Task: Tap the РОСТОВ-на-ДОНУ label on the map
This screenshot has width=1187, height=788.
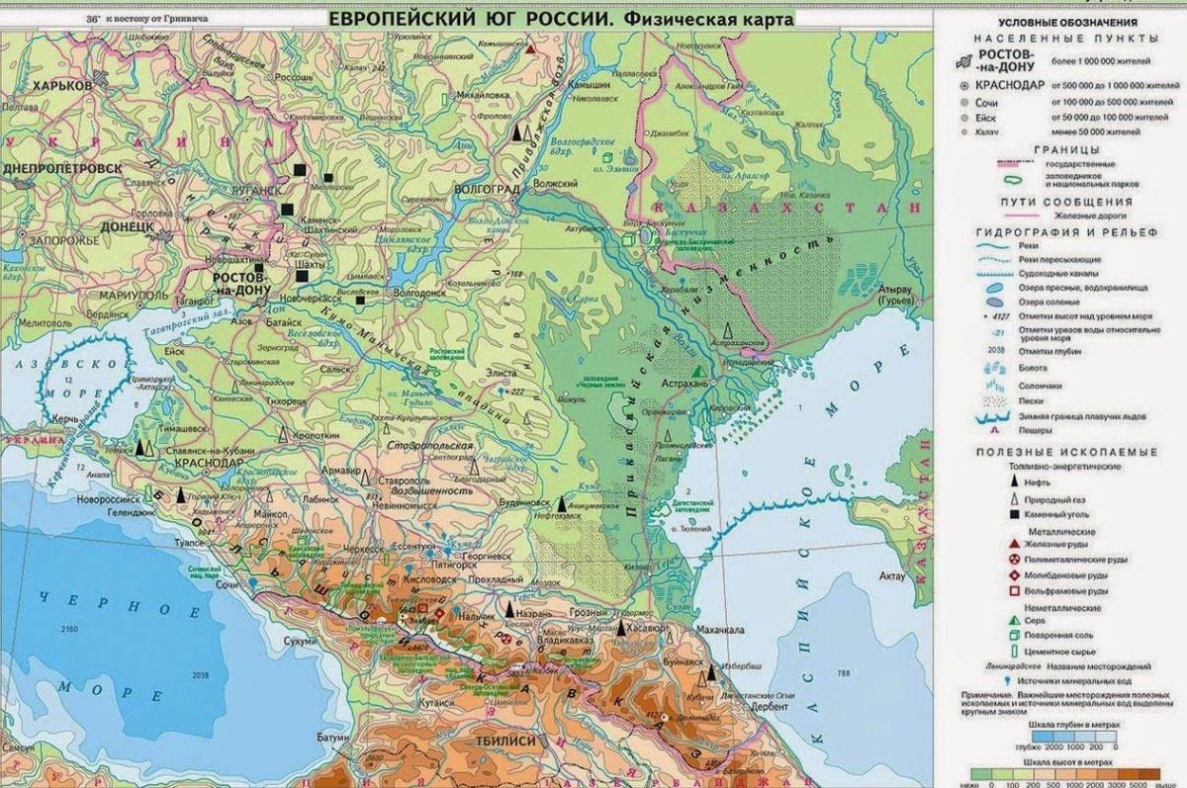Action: (x=240, y=285)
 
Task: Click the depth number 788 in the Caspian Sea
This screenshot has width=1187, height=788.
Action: (x=843, y=674)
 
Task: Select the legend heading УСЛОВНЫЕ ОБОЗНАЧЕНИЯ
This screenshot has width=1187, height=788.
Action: (x=1052, y=22)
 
